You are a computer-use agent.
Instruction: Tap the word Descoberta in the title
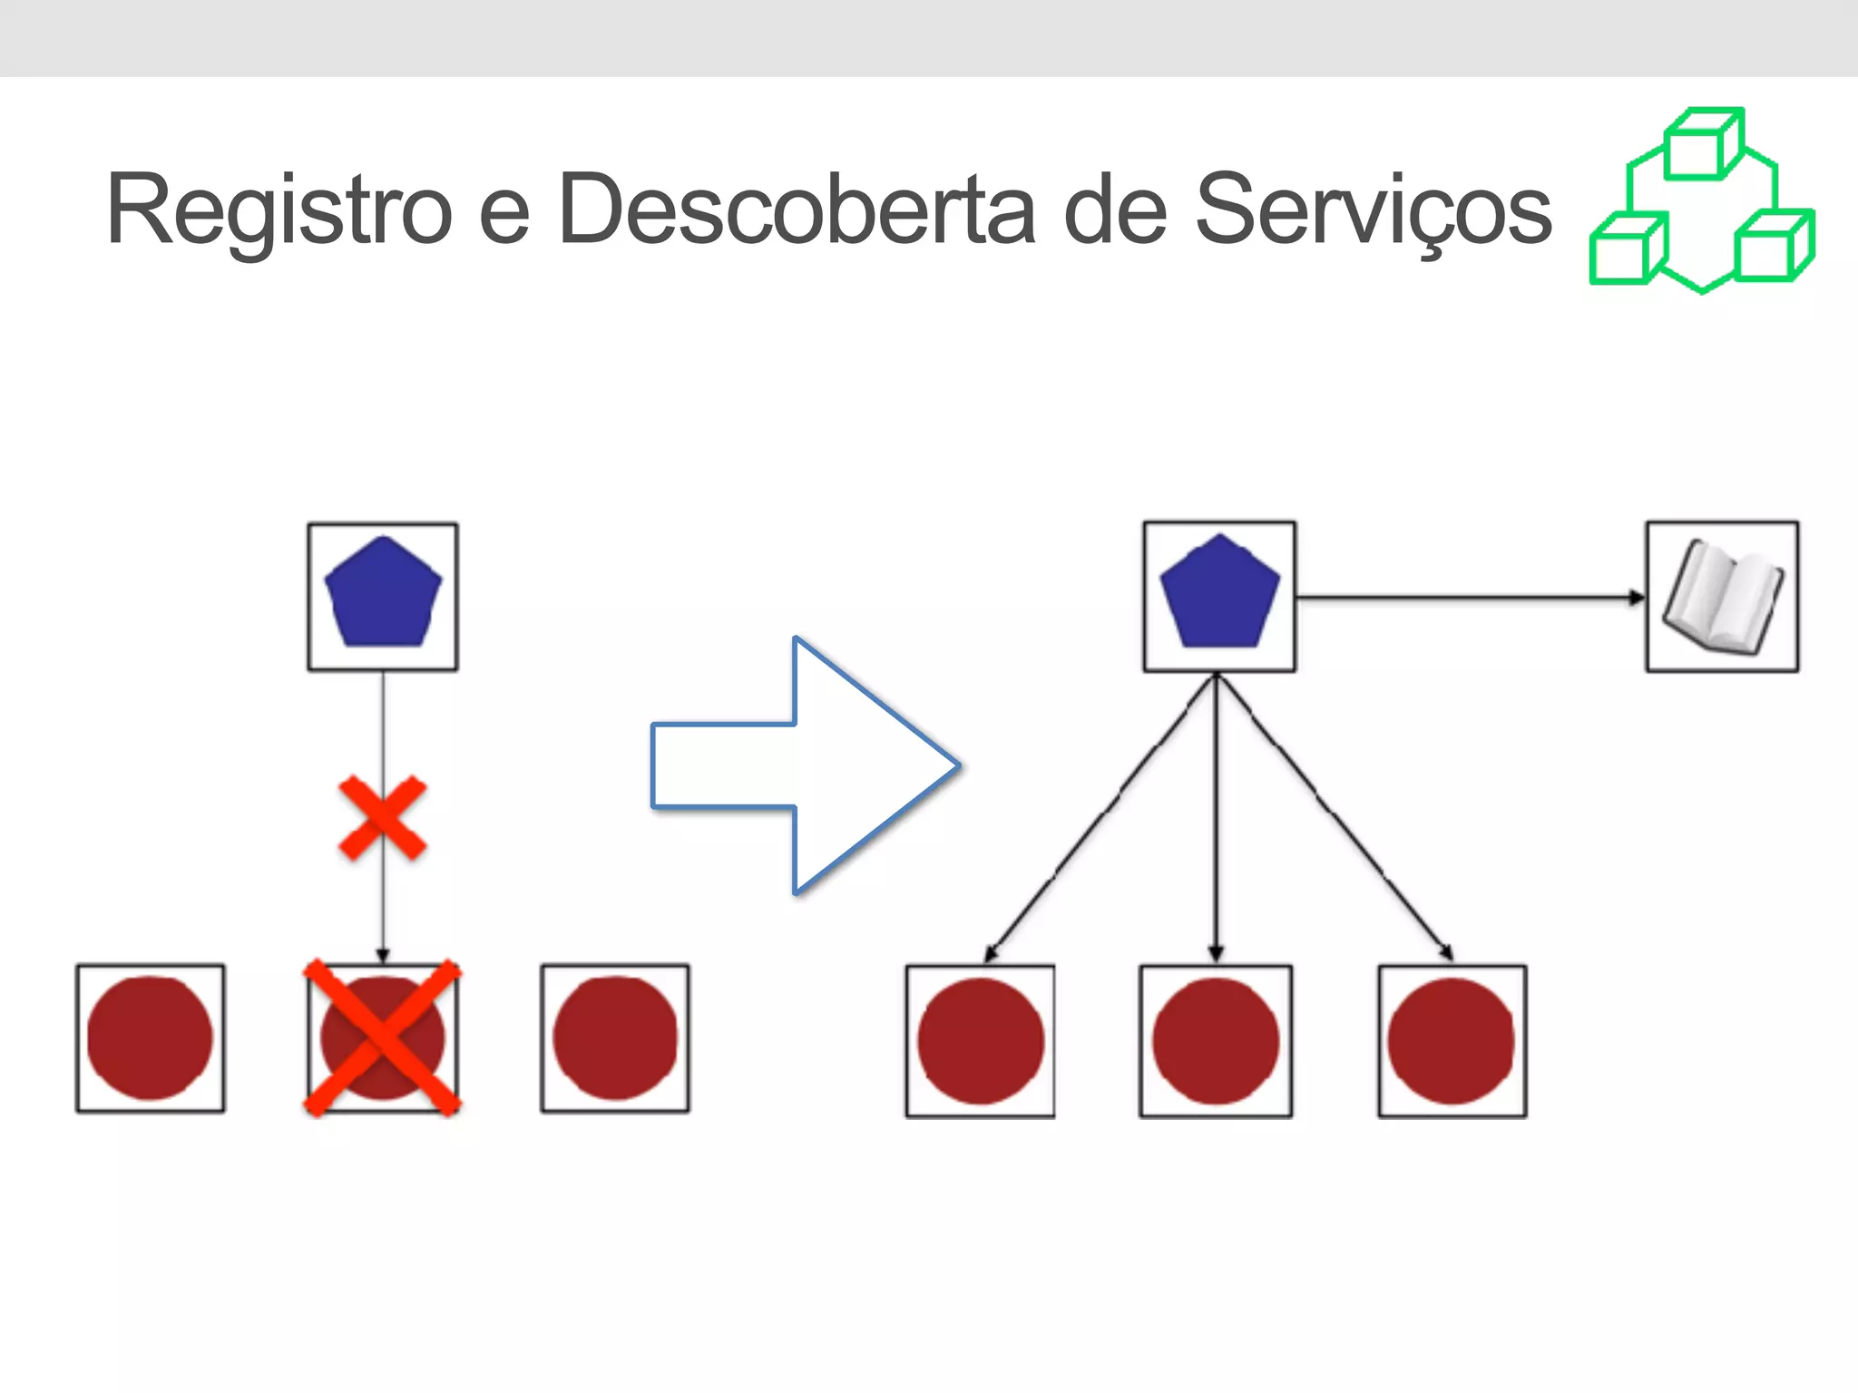click(797, 210)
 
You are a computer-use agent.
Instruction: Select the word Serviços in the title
click(1374, 210)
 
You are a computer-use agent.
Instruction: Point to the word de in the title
click(1115, 210)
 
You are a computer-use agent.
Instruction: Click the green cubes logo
click(1702, 201)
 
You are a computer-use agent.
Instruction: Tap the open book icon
click(1722, 597)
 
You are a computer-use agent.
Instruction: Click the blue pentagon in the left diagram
click(383, 595)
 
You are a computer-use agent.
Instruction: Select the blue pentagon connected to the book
click(1219, 595)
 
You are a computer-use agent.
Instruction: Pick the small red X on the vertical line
click(382, 818)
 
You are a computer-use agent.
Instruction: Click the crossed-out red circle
click(382, 1037)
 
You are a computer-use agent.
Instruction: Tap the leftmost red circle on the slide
click(150, 1037)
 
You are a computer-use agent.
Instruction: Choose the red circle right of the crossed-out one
click(615, 1037)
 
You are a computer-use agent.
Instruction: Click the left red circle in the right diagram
click(980, 1040)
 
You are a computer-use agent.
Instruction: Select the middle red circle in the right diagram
click(1216, 1040)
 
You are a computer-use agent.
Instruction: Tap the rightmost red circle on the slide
click(1452, 1040)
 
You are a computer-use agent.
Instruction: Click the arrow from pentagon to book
click(1470, 598)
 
